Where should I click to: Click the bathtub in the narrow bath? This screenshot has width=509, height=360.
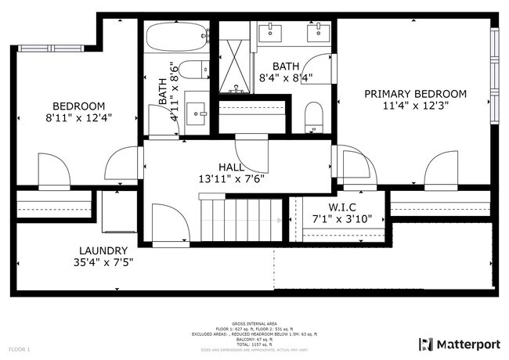(177, 35)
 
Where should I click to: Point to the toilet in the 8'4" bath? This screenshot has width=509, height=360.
(314, 116)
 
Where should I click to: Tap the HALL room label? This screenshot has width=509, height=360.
(231, 167)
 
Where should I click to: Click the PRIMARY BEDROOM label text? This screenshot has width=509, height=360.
(415, 94)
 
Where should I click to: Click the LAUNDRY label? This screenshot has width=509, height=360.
(98, 250)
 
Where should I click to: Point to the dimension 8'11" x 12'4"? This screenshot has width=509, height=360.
(78, 119)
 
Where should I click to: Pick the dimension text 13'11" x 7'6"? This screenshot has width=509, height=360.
(231, 178)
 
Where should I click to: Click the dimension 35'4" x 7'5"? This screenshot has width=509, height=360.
(98, 262)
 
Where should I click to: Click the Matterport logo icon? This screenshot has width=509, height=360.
(426, 344)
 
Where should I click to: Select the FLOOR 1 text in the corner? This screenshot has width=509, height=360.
(20, 347)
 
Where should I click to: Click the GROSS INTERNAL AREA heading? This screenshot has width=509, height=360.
(254, 322)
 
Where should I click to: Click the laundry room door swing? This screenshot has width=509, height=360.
(171, 223)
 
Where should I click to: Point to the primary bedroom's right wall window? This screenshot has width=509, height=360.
(493, 74)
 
